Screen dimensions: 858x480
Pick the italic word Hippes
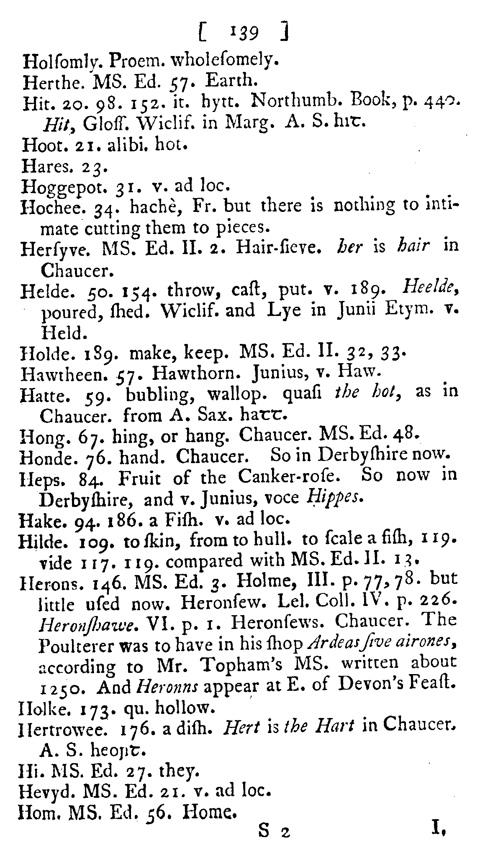click(x=334, y=498)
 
